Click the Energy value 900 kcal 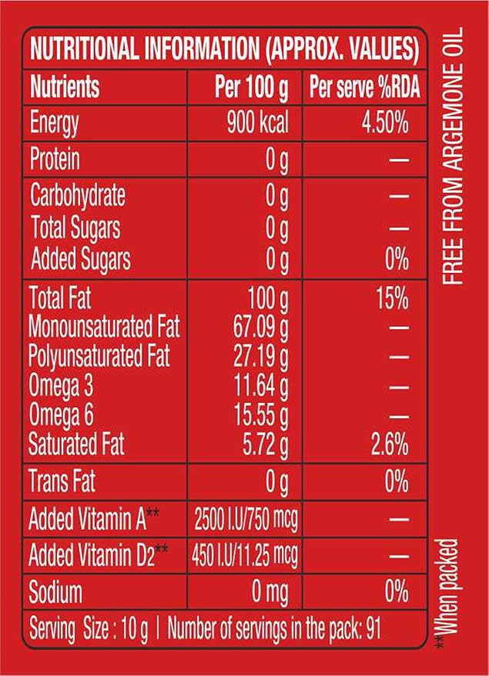click(257, 123)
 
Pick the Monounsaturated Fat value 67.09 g click(260, 328)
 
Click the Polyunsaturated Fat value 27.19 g click(260, 357)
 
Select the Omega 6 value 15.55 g click(260, 416)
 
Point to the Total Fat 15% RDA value click(391, 298)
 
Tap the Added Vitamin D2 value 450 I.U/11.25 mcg click(245, 555)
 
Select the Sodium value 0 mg click(265, 592)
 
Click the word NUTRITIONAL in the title click(83, 52)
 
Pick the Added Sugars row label click(80, 260)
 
